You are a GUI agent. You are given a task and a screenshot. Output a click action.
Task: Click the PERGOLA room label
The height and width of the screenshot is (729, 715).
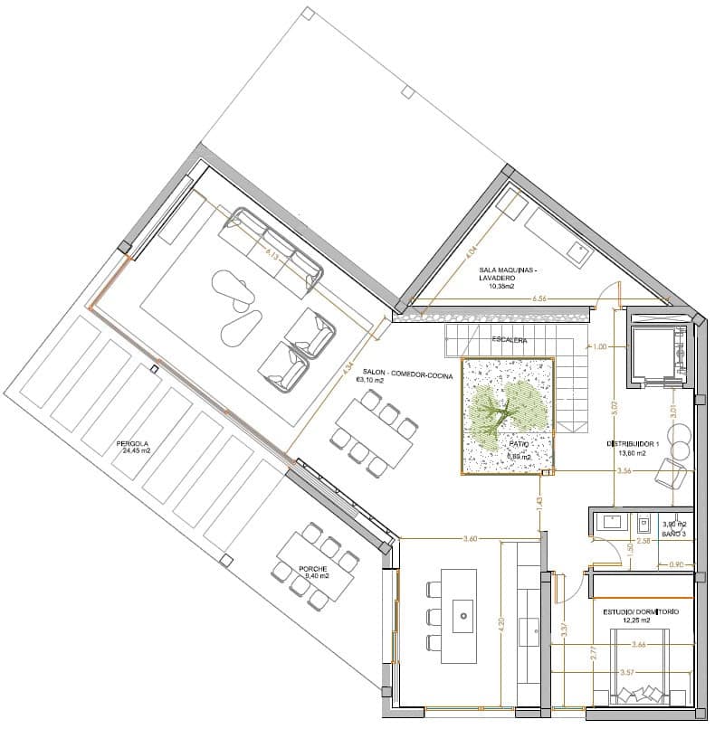132,444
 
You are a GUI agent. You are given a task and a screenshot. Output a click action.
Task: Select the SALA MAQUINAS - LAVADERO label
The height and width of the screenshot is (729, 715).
509,272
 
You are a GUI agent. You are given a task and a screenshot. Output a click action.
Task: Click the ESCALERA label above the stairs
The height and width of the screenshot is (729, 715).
510,340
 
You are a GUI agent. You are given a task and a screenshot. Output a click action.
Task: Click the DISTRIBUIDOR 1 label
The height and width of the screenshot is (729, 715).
633,444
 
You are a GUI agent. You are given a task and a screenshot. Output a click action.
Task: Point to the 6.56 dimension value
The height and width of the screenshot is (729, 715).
540,298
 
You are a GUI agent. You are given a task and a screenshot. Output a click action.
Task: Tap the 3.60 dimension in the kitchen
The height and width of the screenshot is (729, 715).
470,539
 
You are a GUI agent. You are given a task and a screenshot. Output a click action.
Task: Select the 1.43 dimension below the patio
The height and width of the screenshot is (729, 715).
539,501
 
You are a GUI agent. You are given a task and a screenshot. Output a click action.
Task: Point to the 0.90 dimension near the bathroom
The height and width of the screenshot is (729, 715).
676,565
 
